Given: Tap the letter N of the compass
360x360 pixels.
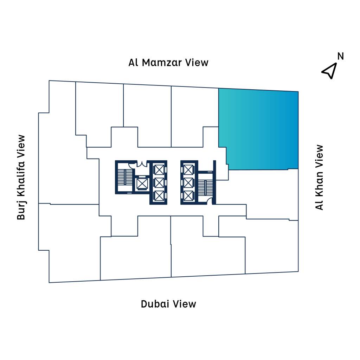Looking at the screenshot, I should (340, 56).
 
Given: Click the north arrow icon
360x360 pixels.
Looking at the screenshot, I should (329, 71).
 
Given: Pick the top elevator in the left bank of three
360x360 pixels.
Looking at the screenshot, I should (159, 170).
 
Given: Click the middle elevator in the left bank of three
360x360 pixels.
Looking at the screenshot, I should (159, 182).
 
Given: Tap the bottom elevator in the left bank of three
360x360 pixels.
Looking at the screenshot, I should (159, 195).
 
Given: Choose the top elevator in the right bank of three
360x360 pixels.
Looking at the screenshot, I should (189, 170).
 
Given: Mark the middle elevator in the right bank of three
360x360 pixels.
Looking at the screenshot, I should (189, 182).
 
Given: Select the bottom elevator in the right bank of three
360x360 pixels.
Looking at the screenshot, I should (189, 195).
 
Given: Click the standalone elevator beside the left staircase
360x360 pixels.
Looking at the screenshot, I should (142, 183).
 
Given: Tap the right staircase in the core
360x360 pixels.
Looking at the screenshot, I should (204, 186).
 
